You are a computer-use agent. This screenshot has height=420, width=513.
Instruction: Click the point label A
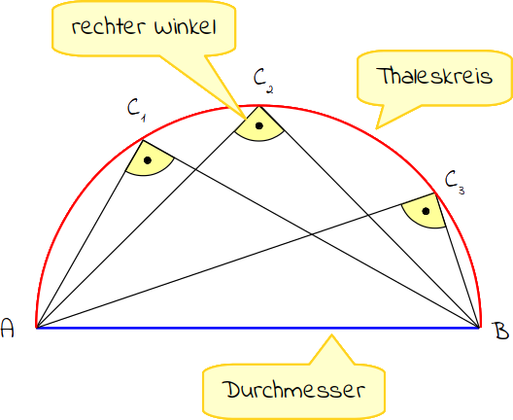[8, 328]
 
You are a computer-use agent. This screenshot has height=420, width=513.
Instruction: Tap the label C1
[136, 110]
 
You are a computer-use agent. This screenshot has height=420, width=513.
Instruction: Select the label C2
[263, 82]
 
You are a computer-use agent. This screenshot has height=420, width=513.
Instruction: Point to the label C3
[455, 183]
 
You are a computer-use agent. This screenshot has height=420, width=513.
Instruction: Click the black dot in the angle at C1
[148, 160]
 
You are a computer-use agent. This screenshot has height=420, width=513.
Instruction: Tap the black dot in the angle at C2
[259, 125]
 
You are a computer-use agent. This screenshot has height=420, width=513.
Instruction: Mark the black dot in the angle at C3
[426, 211]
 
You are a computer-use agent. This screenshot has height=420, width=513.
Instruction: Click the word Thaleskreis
[434, 76]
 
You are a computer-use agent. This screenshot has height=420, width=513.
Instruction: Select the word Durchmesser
[293, 390]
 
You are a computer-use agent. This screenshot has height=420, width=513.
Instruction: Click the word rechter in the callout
[108, 26]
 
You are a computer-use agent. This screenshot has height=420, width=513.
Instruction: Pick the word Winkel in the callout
[186, 27]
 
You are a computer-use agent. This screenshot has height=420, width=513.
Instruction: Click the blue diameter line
[257, 328]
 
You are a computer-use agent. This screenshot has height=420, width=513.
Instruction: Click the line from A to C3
[236, 261]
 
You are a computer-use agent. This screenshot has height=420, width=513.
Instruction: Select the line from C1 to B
[311, 233]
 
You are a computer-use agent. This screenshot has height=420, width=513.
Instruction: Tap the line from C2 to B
[369, 217]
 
